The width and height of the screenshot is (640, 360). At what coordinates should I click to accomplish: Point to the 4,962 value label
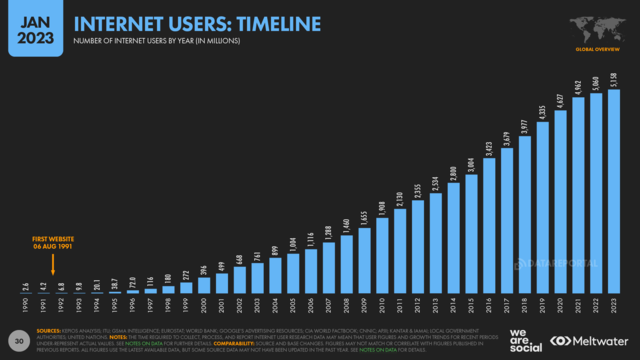578,85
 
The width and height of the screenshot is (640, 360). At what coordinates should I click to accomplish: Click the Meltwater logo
592,339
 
